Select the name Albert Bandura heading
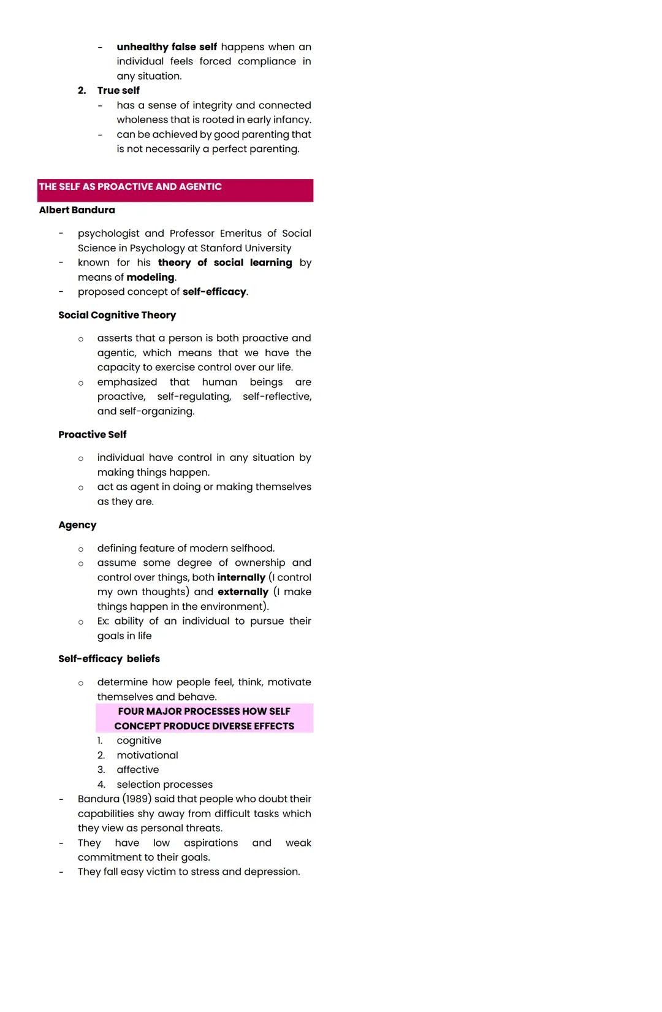[77, 210]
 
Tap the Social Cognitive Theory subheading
[117, 315]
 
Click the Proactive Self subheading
[93, 435]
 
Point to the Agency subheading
[77, 525]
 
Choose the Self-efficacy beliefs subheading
[109, 659]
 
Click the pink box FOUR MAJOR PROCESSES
[204, 718]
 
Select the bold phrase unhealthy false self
[167, 47]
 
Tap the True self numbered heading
[118, 91]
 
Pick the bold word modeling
[151, 278]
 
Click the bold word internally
[241, 577]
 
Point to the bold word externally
[243, 592]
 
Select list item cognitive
[139, 741]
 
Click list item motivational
[147, 756]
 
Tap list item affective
[138, 770]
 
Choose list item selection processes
[165, 785]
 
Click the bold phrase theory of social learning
[225, 263]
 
